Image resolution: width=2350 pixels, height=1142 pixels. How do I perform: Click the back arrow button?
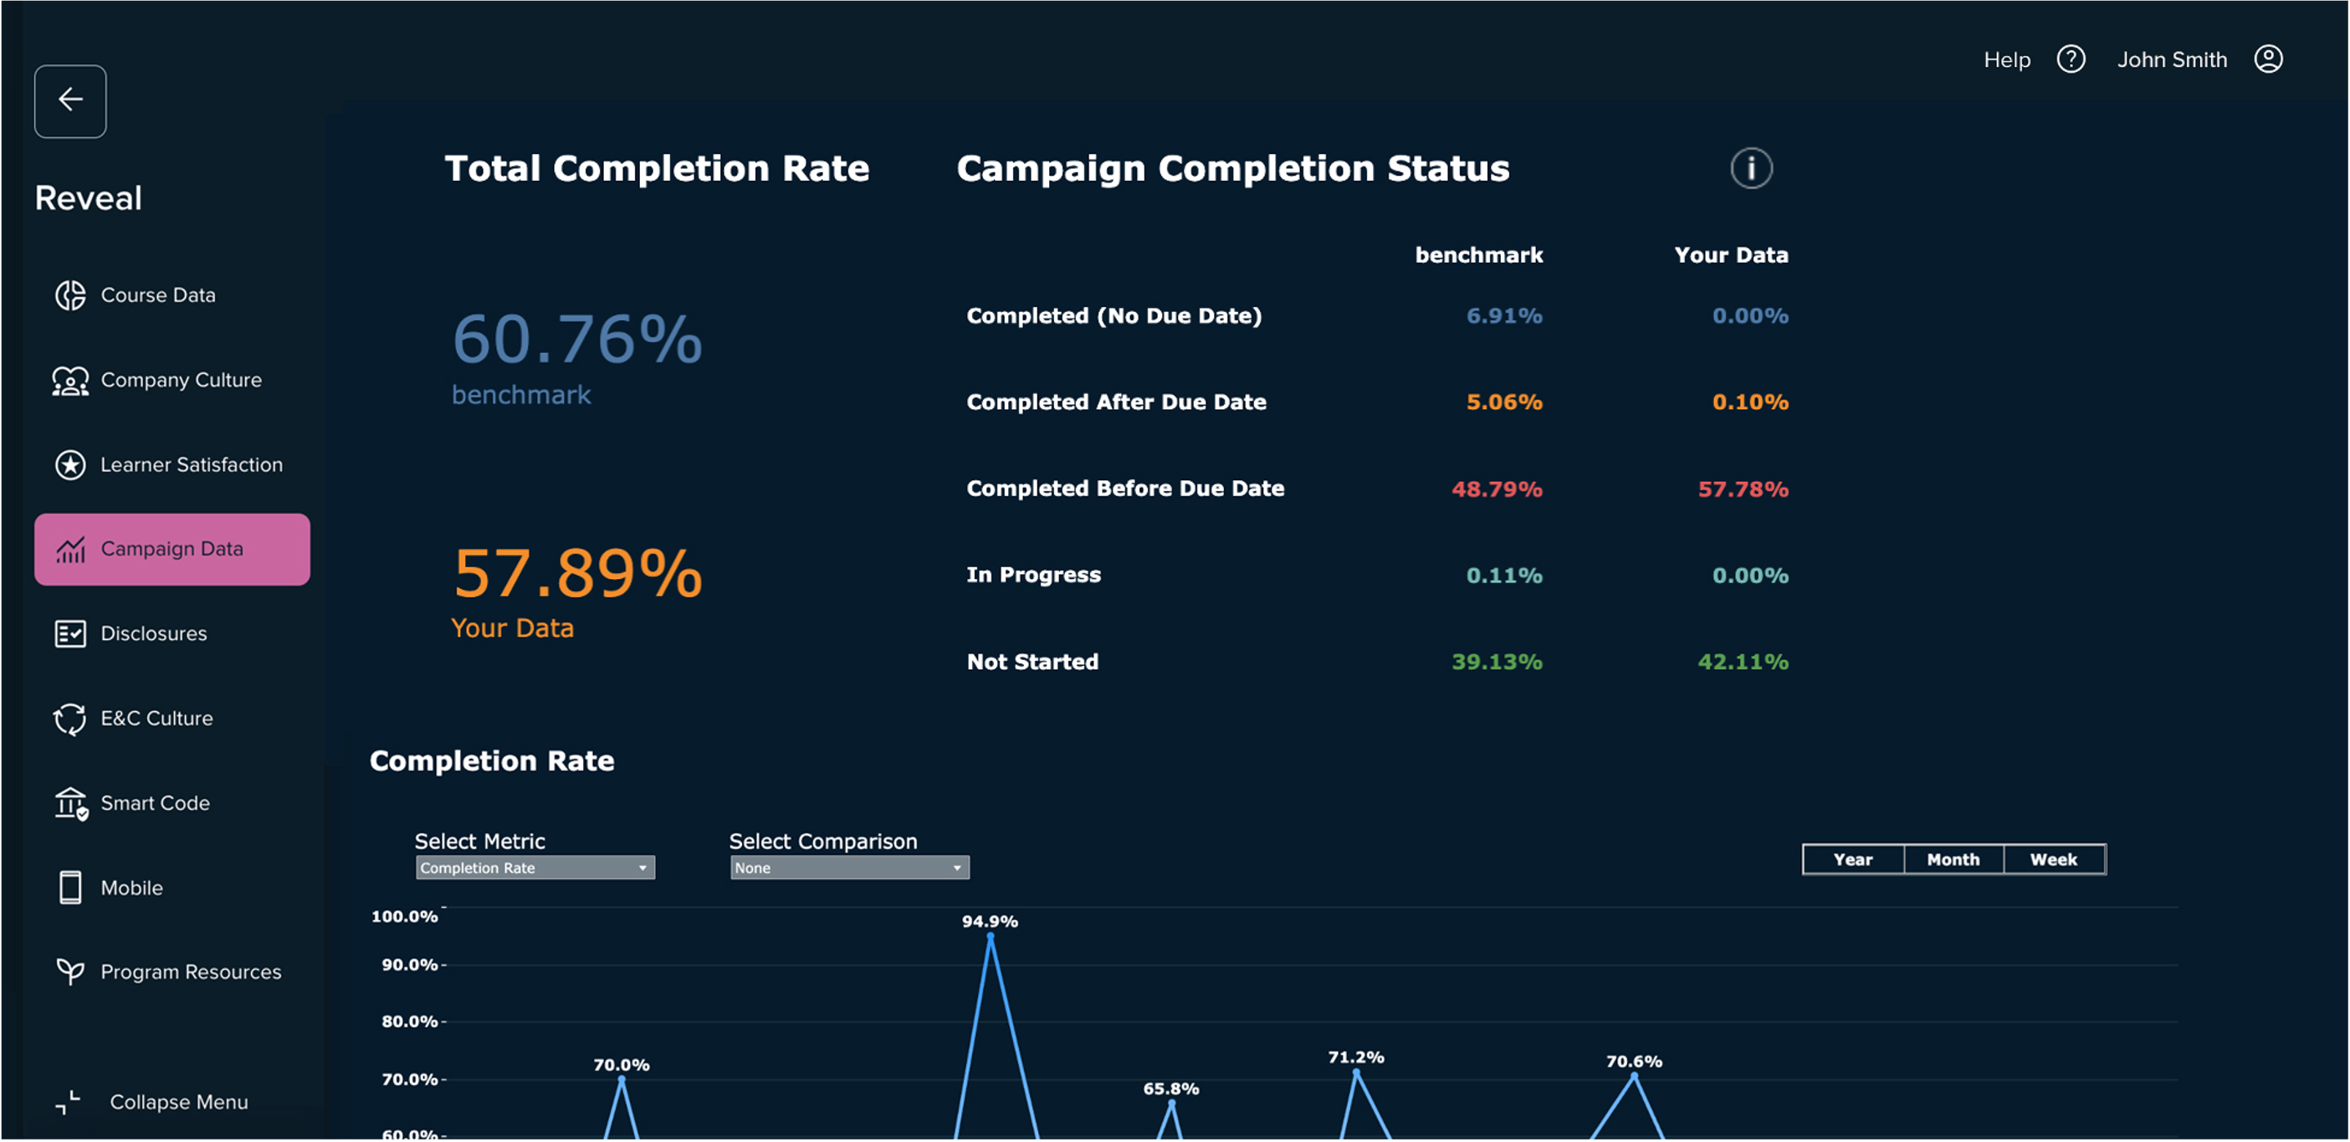tap(70, 100)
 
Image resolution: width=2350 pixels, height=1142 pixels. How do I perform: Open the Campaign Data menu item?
tap(172, 549)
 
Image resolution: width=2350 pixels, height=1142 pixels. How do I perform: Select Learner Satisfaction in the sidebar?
tap(191, 465)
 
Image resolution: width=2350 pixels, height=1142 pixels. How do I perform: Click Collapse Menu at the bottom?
tap(178, 1102)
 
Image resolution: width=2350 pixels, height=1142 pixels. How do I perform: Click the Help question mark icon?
tap(2071, 59)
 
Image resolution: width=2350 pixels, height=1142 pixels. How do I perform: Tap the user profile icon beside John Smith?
tap(2268, 59)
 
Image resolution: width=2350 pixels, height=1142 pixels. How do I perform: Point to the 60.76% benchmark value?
tap(576, 340)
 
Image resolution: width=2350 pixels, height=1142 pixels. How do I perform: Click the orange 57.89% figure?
tap(576, 574)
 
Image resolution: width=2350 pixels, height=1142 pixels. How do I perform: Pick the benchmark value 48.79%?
tap(1496, 489)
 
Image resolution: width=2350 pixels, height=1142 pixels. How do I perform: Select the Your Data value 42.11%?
tap(1743, 663)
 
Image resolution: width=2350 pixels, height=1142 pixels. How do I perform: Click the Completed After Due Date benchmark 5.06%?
tap(1503, 402)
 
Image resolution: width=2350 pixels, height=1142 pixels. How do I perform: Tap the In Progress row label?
tap(1033, 576)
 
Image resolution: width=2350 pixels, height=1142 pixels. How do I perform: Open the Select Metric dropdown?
tap(535, 868)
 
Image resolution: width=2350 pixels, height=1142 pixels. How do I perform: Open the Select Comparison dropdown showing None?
tap(849, 868)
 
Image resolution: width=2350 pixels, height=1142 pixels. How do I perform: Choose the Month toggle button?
tap(1953, 859)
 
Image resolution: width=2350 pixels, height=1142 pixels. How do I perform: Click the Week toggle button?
tap(2054, 859)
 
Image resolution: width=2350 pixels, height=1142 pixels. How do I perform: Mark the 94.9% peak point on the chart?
tap(991, 937)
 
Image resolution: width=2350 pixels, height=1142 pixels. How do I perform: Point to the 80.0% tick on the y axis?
tap(410, 1022)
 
